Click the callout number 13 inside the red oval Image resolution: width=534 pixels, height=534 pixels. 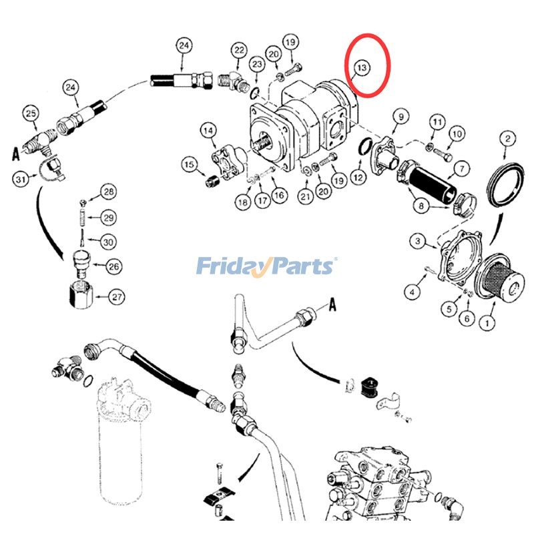(x=362, y=68)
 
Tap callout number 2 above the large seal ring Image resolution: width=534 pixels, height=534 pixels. (x=508, y=139)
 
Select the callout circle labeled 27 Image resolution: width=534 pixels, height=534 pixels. (x=117, y=297)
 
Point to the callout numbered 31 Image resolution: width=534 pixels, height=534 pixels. (x=21, y=178)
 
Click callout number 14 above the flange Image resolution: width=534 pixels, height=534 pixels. (x=208, y=131)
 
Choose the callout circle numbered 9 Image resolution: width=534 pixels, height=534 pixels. (x=401, y=117)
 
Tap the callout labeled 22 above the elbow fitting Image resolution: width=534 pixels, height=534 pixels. (x=240, y=51)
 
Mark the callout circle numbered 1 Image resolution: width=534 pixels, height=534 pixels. (x=487, y=322)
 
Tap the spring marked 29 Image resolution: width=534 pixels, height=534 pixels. (x=82, y=218)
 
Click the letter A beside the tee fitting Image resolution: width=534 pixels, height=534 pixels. (x=15, y=154)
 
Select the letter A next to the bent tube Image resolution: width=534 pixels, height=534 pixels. (x=332, y=304)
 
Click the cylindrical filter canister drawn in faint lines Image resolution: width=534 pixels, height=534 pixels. (x=121, y=439)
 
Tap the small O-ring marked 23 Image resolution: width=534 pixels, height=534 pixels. (x=256, y=92)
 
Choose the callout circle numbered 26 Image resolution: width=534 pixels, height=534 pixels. (x=113, y=266)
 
